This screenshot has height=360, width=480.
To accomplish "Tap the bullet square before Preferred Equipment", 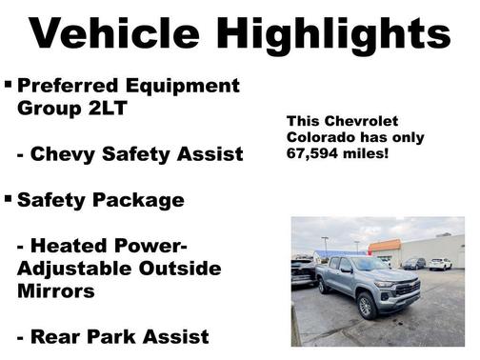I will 9,85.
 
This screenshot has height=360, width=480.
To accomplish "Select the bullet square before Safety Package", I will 9,199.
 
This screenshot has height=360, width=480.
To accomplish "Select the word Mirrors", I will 57,291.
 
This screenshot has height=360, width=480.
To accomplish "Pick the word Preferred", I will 71,86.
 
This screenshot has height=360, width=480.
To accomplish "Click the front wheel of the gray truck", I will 367,306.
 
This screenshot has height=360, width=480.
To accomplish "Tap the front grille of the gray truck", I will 408,289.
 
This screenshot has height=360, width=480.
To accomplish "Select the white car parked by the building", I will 440,264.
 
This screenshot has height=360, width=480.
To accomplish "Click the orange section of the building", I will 385,246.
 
